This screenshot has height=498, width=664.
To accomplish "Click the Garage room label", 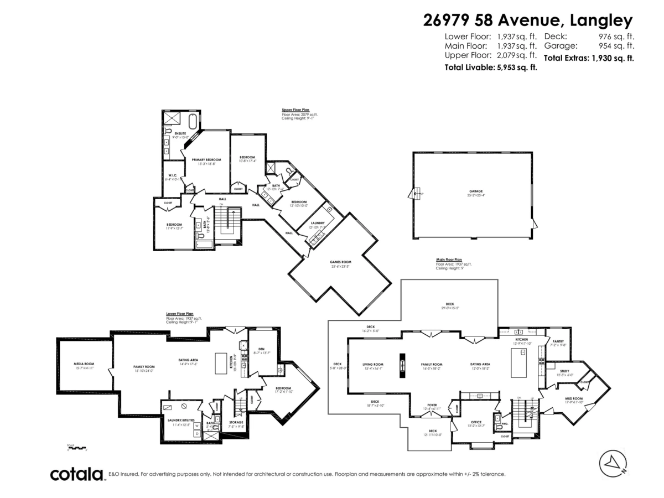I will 472,191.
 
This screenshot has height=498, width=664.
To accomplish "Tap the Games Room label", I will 340,263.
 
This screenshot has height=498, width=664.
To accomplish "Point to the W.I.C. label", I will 173,176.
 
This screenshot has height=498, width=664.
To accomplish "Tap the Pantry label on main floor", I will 558,341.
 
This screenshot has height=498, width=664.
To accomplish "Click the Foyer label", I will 432,405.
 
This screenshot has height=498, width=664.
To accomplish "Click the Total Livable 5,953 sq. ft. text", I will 490,67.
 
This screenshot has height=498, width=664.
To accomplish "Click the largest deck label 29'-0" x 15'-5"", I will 450,304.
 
